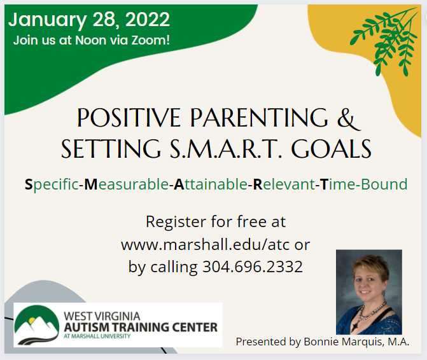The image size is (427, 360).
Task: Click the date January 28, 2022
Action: click(89, 20)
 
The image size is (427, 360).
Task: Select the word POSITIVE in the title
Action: click(129, 118)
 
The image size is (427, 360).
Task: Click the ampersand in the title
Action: click(349, 118)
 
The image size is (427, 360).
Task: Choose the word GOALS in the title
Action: click(332, 149)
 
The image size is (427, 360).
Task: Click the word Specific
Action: click(52, 184)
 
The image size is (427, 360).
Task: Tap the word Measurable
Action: click(127, 184)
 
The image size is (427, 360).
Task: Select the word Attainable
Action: click(211, 184)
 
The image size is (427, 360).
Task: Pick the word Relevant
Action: click(284, 184)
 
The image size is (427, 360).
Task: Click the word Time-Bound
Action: click(363, 184)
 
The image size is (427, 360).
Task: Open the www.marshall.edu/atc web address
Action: click(205, 245)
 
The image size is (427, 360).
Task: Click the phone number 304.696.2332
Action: click(253, 267)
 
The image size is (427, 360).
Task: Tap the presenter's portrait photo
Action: click(369, 292)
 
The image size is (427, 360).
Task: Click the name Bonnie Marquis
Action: click(342, 342)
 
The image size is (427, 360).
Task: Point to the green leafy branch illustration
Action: click(384, 41)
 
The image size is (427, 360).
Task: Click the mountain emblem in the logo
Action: click(37, 325)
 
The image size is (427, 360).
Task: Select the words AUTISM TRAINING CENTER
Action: click(141, 328)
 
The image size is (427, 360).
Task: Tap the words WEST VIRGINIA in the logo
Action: click(102, 316)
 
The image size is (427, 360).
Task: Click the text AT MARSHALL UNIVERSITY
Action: click(97, 336)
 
